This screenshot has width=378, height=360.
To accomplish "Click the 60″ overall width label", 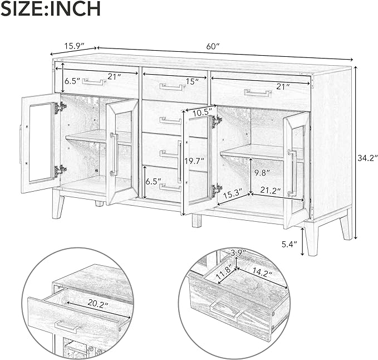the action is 213,46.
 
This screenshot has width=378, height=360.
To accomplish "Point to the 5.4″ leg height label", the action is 289,245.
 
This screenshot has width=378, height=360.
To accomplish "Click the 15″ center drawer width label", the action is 192,81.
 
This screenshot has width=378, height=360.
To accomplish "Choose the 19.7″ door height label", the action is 194,160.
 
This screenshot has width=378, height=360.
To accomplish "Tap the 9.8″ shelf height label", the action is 261,173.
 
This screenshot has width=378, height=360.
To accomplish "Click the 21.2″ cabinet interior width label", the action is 271,191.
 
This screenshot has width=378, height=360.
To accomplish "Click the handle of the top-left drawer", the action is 94,81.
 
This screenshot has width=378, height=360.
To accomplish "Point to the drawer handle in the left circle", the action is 67,327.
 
